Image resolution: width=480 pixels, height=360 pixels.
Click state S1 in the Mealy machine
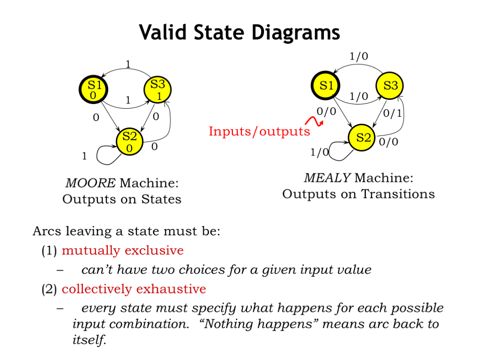(326, 86)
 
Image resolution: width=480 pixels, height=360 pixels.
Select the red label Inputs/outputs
(259, 131)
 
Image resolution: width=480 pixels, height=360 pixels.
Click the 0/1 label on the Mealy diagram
(393, 112)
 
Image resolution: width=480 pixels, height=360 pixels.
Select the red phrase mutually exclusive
(122, 250)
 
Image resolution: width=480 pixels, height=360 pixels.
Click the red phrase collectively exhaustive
(134, 289)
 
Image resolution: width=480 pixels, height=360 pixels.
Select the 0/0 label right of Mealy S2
(388, 142)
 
